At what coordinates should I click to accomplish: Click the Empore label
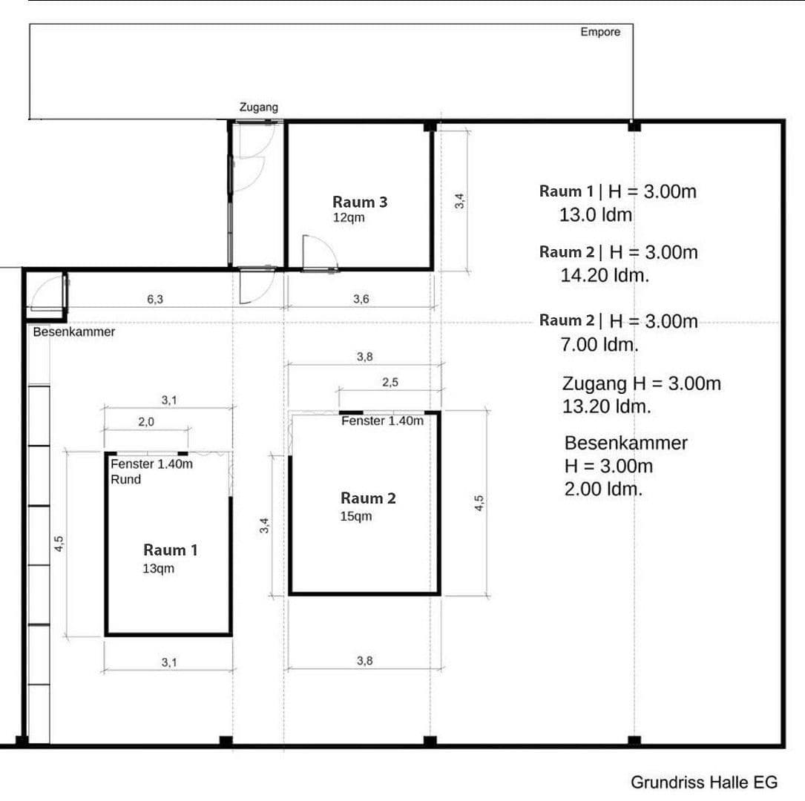pyautogui.click(x=600, y=32)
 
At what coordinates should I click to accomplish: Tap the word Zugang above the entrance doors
pyautogui.click(x=258, y=108)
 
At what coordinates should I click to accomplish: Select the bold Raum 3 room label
pyautogui.click(x=360, y=202)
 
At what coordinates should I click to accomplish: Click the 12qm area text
pyautogui.click(x=349, y=218)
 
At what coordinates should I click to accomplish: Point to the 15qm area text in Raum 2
pyautogui.click(x=356, y=516)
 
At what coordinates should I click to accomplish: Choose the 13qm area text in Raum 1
pyautogui.click(x=159, y=569)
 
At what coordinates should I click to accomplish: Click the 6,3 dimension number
pyautogui.click(x=155, y=300)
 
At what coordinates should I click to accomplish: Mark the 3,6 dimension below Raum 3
pyautogui.click(x=361, y=300)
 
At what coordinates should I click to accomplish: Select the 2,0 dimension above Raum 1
pyautogui.click(x=146, y=421)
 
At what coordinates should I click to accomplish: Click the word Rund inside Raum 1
pyautogui.click(x=125, y=479)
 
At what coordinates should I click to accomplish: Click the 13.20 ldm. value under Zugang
pyautogui.click(x=607, y=406)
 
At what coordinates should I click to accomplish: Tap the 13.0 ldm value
pyautogui.click(x=596, y=216)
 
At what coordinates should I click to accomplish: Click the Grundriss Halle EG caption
pyautogui.click(x=704, y=782)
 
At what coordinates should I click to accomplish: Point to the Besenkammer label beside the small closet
pyautogui.click(x=74, y=332)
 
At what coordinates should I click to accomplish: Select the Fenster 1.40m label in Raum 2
pyautogui.click(x=382, y=421)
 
